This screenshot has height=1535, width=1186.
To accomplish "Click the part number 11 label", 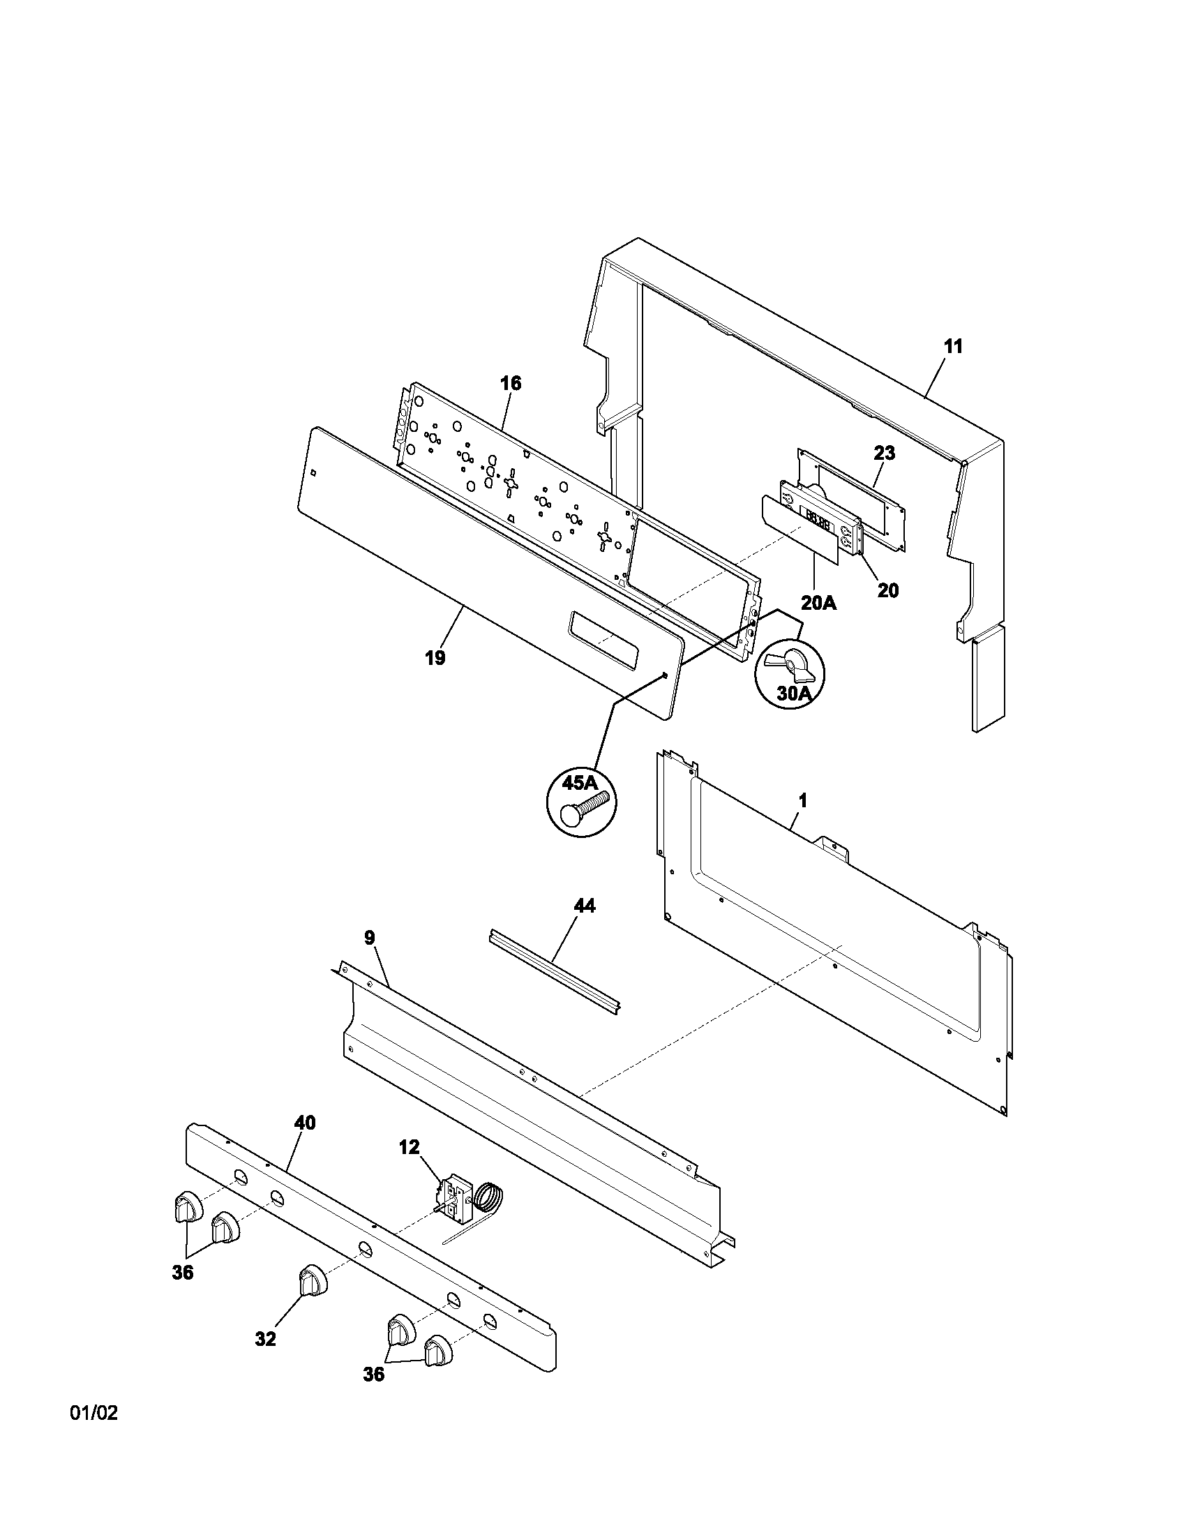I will tap(953, 347).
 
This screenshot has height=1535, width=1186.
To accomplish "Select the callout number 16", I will tap(511, 384).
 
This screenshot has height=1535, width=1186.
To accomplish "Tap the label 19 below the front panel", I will tap(435, 659).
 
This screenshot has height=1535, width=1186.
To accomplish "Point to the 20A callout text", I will tap(819, 602).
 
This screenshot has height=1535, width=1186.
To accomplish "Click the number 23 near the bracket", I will tap(884, 454).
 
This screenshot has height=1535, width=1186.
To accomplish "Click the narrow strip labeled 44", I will tap(553, 973).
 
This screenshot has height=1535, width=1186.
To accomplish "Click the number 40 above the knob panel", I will tap(304, 1123).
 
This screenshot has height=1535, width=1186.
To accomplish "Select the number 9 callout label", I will tap(369, 937).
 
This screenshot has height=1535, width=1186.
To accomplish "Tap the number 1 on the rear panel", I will tap(802, 800).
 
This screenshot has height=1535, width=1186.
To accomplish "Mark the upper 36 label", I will tap(182, 1273).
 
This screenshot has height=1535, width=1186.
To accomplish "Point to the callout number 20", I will tap(888, 590).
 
